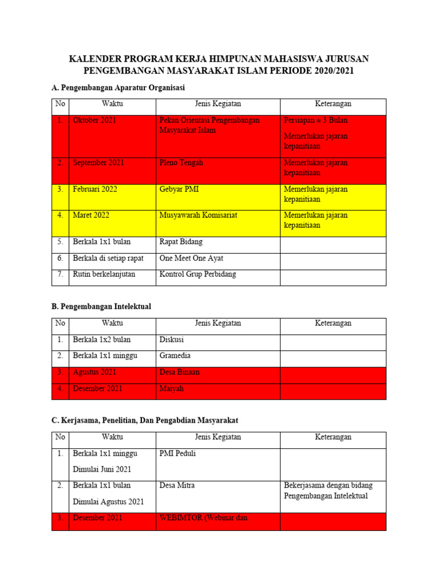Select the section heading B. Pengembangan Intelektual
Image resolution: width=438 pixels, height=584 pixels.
pos(101,306)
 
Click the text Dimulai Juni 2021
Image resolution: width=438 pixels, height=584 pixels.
pos(102,469)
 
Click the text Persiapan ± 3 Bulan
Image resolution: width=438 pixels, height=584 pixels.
pos(315,120)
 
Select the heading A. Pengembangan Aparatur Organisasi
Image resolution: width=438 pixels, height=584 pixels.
pos(118,87)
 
